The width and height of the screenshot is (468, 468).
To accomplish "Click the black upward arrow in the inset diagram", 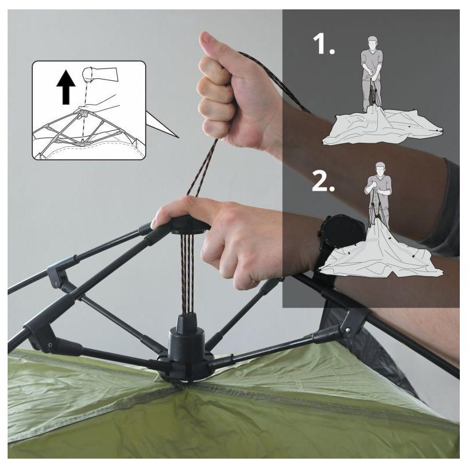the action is tap(66, 88).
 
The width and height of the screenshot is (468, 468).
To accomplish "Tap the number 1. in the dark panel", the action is tap(324, 44).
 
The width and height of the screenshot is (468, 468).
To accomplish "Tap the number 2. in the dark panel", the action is tap(324, 181).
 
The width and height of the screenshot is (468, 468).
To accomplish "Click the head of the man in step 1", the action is tap(372, 44).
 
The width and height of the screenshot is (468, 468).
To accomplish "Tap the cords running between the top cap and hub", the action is tap(186, 274).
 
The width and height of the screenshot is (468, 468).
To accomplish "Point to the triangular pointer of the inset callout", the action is tap(161, 125).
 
